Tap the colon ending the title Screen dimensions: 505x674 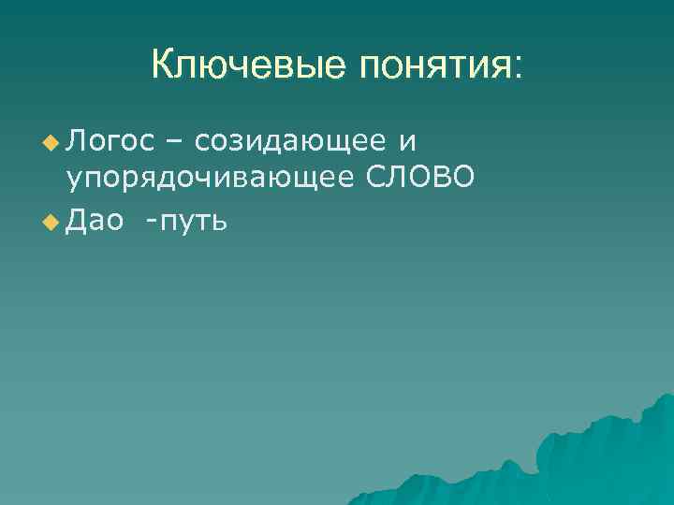[519, 67]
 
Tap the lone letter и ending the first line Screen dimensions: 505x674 [406, 142]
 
